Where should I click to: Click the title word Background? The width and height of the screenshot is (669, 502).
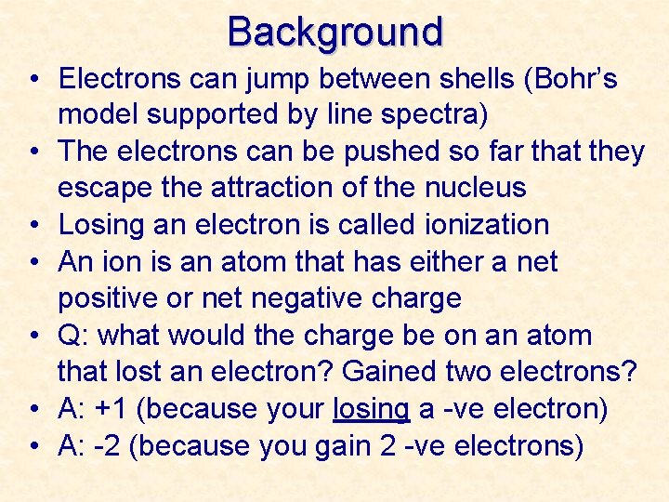[x=335, y=32]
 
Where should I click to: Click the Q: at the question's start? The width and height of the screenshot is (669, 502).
[x=74, y=336]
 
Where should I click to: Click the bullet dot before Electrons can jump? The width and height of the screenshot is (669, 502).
[x=33, y=79]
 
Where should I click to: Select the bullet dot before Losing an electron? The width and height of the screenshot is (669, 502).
[x=33, y=225]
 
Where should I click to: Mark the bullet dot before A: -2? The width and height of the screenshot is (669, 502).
[x=33, y=446]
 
